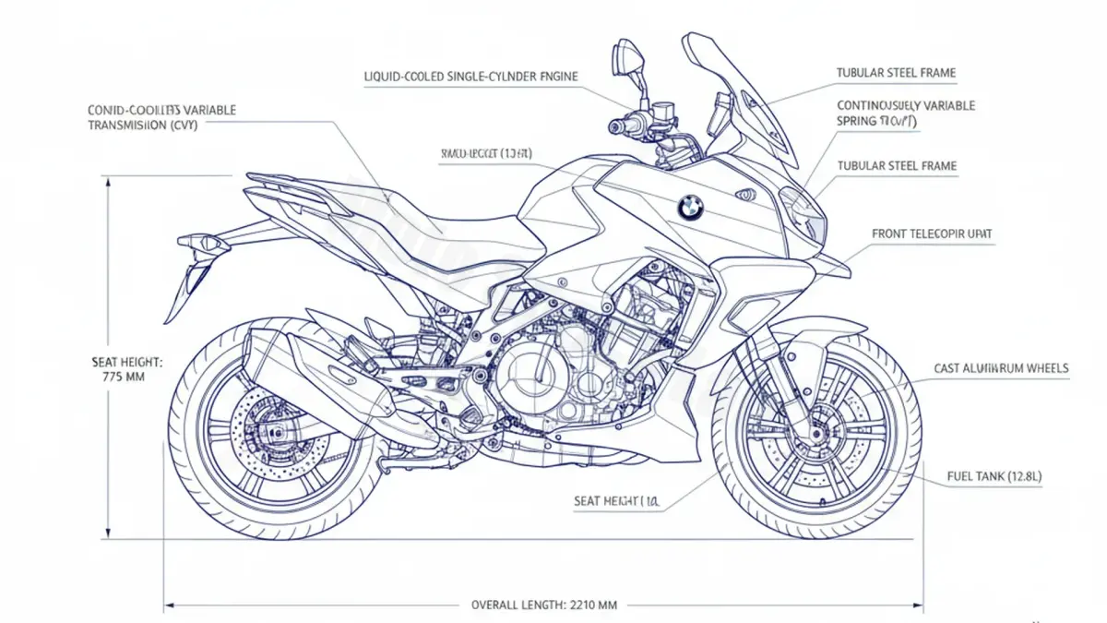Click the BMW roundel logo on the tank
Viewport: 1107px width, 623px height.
[x=689, y=208]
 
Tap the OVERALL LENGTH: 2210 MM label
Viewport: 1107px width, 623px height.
[x=544, y=605]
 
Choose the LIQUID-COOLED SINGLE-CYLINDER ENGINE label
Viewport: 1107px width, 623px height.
[x=471, y=77]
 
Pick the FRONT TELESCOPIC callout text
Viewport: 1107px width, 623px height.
[x=932, y=234]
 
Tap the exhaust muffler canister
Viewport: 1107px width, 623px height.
[x=304, y=369]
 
